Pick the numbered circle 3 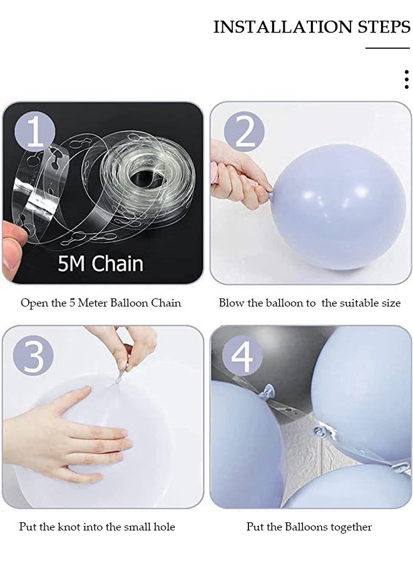33,356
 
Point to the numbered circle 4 242,356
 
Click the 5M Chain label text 101,263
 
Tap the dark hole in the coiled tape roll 140,176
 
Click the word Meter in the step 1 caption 93,303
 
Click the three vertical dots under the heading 407,79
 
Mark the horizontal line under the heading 388,48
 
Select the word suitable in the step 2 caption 359,303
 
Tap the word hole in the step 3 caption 164,527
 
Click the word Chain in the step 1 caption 166,303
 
